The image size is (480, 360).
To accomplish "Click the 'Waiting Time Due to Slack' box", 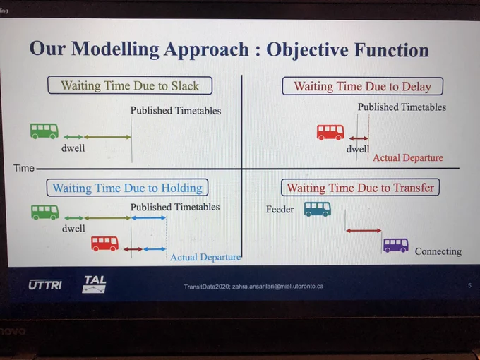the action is [x=130, y=85].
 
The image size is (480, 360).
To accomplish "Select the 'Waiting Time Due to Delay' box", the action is [x=362, y=86].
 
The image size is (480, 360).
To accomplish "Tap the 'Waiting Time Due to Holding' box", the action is [x=127, y=188].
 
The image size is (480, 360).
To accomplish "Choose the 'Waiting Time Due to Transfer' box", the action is [x=360, y=187].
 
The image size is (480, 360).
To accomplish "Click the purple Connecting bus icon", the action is [x=396, y=245].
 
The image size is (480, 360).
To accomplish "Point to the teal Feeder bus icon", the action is [x=318, y=209].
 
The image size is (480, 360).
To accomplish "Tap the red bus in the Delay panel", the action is [x=330, y=132].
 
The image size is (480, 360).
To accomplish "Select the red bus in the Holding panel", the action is [x=104, y=244].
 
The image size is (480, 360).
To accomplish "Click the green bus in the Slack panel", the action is [x=44, y=131].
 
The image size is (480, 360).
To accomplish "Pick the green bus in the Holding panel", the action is [x=45, y=212].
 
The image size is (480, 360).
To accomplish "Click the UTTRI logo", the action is [x=45, y=285].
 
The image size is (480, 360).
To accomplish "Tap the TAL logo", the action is [x=95, y=284].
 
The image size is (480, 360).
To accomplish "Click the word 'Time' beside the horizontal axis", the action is [x=23, y=168].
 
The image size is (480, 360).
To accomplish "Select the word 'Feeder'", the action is [x=280, y=210].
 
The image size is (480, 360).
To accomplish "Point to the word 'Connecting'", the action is [x=438, y=251].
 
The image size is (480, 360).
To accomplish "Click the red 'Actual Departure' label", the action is [x=408, y=157].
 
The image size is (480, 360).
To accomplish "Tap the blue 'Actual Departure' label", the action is [x=205, y=257].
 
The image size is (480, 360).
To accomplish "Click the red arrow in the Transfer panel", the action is [x=364, y=231].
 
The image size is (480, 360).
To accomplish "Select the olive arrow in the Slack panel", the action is [x=107, y=137].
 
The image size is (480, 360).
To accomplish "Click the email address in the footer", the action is [x=277, y=287].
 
